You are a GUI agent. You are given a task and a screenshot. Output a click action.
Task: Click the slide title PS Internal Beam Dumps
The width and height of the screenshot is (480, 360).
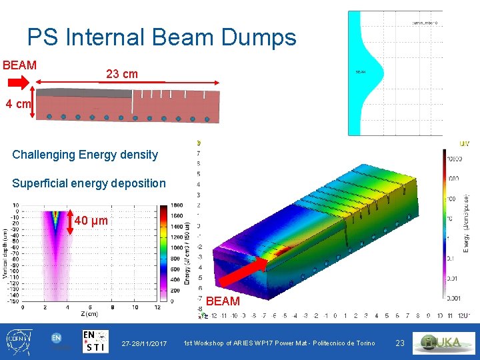click(x=161, y=37)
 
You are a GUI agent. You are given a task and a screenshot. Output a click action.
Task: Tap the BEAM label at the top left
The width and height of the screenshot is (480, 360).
click(x=19, y=65)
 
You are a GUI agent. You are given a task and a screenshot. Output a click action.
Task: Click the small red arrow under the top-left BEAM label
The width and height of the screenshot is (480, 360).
click(x=19, y=82)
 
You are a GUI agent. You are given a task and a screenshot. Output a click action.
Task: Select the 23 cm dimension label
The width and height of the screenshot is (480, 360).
click(x=122, y=74)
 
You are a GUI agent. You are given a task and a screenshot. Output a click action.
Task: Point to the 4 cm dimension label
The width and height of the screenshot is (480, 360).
click(x=17, y=104)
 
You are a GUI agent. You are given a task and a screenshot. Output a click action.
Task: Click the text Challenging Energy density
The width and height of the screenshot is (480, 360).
click(x=85, y=155)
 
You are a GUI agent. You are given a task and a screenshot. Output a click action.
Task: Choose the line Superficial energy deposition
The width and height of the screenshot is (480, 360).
click(x=89, y=183)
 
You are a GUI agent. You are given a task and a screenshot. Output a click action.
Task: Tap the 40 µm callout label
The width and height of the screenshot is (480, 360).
click(x=91, y=221)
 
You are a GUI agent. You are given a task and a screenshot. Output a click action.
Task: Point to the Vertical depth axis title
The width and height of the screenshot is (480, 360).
click(x=5, y=254)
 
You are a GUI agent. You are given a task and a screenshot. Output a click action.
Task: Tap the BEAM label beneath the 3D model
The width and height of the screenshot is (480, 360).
click(x=223, y=301)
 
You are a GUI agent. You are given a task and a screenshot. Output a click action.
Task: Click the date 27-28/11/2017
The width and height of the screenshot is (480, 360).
click(x=144, y=343)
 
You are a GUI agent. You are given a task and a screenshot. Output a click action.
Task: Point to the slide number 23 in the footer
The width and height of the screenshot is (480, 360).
click(x=400, y=343)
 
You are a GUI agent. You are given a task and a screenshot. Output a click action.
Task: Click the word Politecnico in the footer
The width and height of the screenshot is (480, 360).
click(x=332, y=343)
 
